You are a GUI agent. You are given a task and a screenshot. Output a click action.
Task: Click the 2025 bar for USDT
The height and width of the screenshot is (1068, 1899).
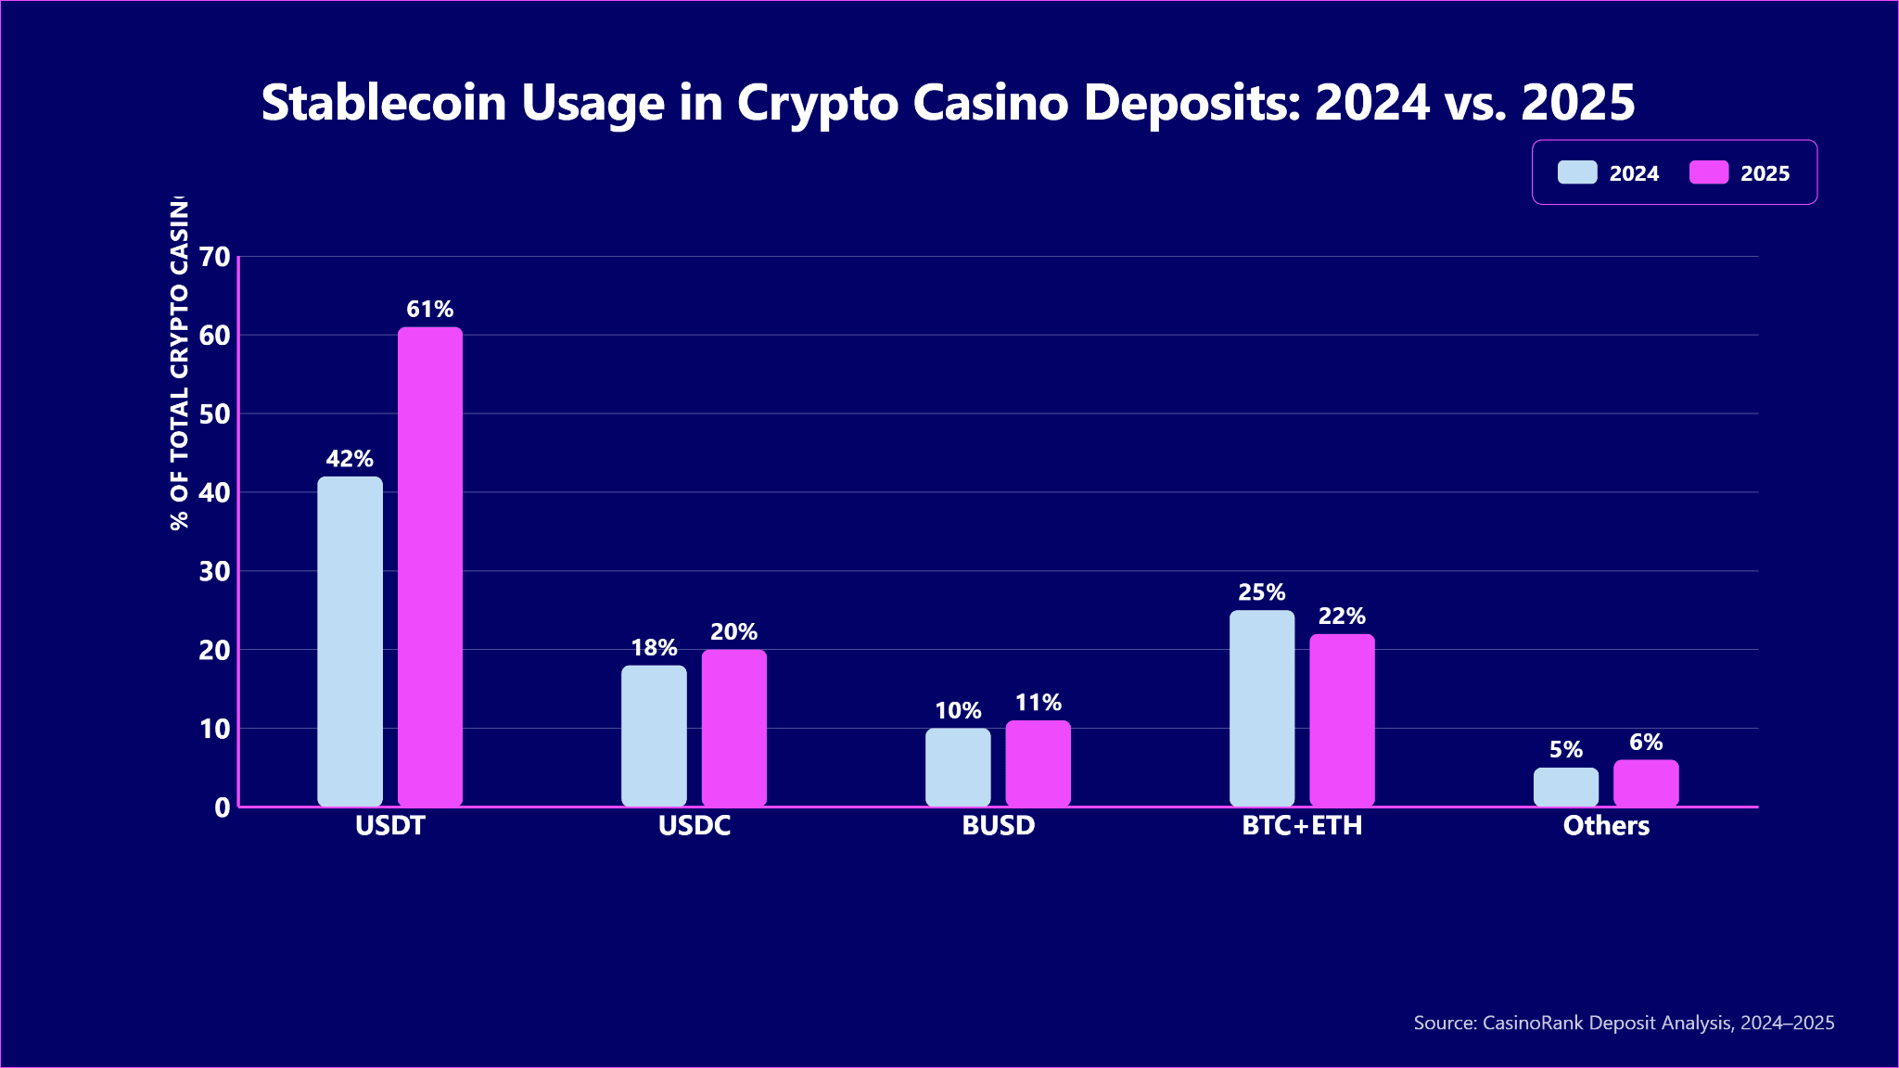(x=430, y=566)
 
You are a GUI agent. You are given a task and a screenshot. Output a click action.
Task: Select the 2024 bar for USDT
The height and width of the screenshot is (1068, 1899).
(x=350, y=642)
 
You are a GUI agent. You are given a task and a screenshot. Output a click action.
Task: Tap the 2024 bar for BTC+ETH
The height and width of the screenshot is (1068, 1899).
(x=1262, y=708)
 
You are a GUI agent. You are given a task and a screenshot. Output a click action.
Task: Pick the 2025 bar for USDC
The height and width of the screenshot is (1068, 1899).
(x=734, y=728)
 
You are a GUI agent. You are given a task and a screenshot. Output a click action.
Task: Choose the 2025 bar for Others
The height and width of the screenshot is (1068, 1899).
(x=1646, y=783)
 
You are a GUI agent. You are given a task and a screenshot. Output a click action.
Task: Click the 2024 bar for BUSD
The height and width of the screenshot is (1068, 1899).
(x=958, y=767)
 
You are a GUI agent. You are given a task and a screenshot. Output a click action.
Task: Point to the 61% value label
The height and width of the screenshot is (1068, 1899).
(x=430, y=310)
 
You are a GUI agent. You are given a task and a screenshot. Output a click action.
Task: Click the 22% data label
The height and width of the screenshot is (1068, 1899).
(x=1342, y=617)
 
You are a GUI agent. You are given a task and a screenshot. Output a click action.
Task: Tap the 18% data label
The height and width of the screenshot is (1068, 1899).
(x=654, y=648)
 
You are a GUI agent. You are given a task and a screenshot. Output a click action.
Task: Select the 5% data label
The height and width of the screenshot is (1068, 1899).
(x=1566, y=750)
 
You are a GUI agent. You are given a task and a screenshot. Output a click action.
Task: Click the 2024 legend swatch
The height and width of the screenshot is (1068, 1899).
(x=1577, y=172)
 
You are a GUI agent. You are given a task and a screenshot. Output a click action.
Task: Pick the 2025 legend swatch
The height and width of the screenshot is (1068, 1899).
(x=1709, y=172)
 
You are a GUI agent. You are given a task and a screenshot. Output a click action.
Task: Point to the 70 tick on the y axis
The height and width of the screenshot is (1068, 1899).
(x=215, y=257)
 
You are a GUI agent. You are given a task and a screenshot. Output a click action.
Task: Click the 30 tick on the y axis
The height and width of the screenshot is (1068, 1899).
(x=215, y=571)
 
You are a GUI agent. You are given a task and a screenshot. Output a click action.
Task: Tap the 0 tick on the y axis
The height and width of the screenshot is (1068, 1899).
(x=222, y=807)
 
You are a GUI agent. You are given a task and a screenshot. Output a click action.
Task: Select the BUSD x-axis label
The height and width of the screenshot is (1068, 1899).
(x=998, y=826)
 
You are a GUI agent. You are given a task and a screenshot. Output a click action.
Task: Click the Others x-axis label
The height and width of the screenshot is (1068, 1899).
(x=1606, y=826)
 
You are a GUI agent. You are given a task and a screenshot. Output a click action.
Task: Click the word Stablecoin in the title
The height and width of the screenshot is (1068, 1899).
(x=384, y=103)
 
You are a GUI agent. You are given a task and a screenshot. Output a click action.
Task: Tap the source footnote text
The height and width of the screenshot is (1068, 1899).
(x=1624, y=1023)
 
